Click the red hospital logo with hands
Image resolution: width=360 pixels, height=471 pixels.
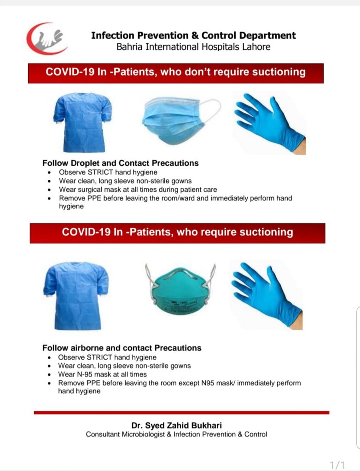(46, 39)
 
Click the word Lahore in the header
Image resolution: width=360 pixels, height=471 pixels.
(256, 47)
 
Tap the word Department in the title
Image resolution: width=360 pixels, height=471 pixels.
(267, 35)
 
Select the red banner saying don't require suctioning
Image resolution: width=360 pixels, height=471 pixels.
(176, 73)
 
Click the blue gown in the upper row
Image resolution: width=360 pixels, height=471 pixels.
(82, 122)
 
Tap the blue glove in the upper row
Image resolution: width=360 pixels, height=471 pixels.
(270, 123)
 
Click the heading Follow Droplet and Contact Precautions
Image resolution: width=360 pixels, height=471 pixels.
(120, 163)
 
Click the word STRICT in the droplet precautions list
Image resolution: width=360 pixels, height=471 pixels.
(100, 172)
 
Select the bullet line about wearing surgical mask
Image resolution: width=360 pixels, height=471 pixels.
(138, 190)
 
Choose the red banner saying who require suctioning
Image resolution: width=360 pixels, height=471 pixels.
(177, 233)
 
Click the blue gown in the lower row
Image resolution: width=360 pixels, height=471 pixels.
(76, 296)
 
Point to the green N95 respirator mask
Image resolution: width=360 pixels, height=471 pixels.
(180, 290)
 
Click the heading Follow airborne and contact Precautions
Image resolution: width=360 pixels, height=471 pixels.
(122, 348)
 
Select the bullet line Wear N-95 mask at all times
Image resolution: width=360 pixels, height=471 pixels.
(102, 374)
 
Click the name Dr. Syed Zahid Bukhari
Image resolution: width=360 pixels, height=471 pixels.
(176, 425)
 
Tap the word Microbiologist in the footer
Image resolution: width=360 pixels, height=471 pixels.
(143, 434)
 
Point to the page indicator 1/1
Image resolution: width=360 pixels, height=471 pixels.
(337, 465)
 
